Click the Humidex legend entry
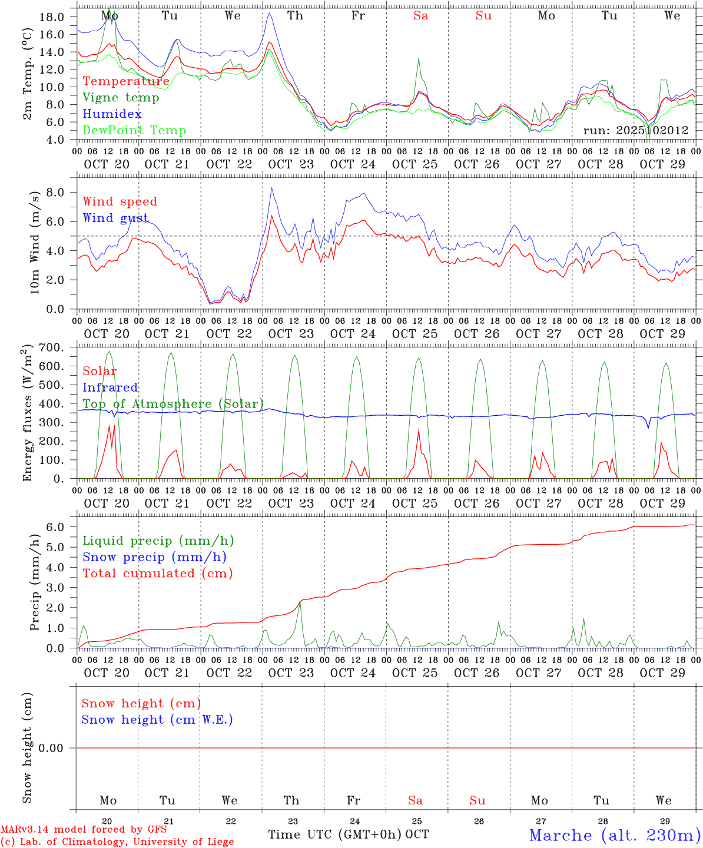click(x=112, y=114)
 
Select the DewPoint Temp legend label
click(x=134, y=131)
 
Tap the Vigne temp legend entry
click(x=121, y=98)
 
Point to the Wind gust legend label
click(x=115, y=218)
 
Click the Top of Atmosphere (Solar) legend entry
click(x=173, y=404)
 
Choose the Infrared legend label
click(x=110, y=387)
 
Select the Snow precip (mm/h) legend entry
click(x=154, y=557)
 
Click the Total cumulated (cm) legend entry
click(x=157, y=574)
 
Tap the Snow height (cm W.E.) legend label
click(x=157, y=720)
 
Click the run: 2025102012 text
click(x=635, y=131)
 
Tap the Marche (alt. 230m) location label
click(x=615, y=835)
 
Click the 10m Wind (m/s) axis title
click(x=35, y=242)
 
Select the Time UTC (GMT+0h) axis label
click(x=335, y=834)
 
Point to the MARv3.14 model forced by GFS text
click(x=84, y=830)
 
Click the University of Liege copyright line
click(x=117, y=842)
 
